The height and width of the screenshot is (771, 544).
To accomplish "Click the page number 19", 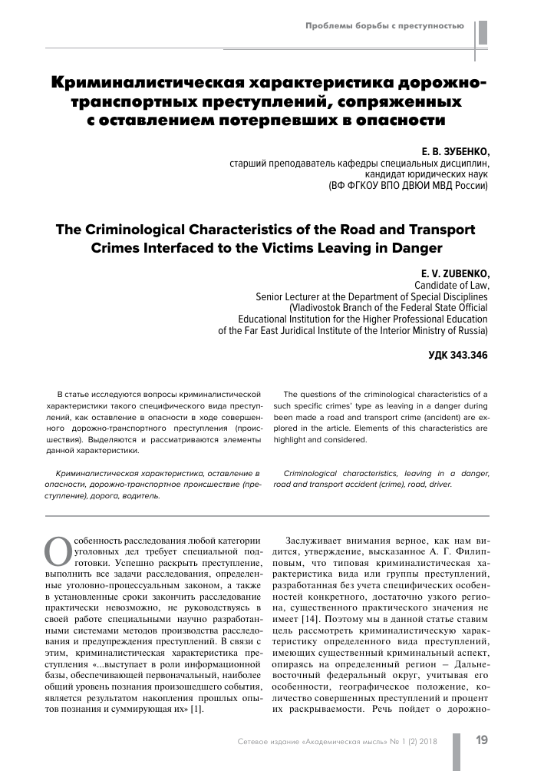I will (x=482, y=740).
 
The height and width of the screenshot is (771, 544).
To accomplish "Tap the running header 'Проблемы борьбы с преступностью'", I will (x=384, y=26).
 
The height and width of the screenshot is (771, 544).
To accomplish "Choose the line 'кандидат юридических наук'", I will (x=425, y=174).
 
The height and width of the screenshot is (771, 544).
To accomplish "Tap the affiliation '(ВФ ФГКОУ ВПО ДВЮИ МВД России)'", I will (x=407, y=186).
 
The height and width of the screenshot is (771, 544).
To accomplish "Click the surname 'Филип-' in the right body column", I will (x=466, y=551).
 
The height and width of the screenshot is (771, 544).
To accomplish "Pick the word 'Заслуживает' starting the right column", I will (x=314, y=539).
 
